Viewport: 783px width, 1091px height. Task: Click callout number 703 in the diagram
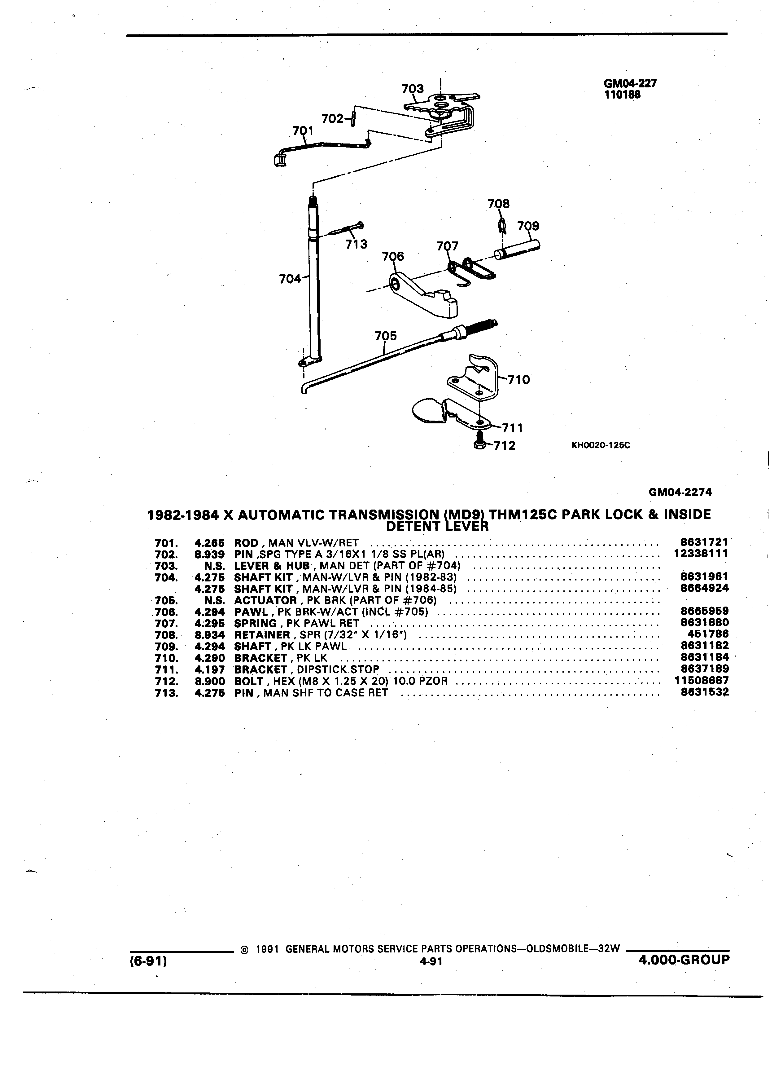413,89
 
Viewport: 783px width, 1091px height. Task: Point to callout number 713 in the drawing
356,244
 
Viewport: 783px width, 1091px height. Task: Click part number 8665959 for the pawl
705,611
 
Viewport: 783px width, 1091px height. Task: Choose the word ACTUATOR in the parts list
265,600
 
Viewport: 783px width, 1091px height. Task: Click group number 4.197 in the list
210,669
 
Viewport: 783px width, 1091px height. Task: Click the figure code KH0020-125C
600,445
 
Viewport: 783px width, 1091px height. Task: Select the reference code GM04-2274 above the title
680,492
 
